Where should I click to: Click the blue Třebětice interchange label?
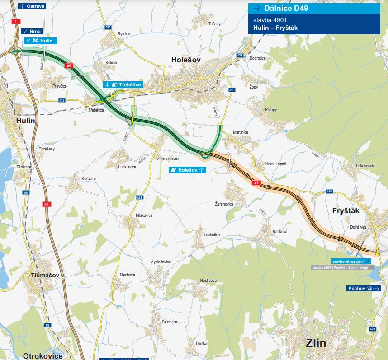pos(122,84)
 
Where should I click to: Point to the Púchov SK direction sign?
pos(364,288)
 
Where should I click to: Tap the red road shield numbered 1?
pos(17,22)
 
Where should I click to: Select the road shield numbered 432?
pos(62,100)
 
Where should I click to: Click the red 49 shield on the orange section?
pos(256,182)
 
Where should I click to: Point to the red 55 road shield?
pos(46,205)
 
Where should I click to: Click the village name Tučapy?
pos(214,23)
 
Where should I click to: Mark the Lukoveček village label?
pos(365,166)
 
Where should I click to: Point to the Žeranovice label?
pos(224,204)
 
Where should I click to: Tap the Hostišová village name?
pos(208,281)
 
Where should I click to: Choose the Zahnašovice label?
pos(168,159)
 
